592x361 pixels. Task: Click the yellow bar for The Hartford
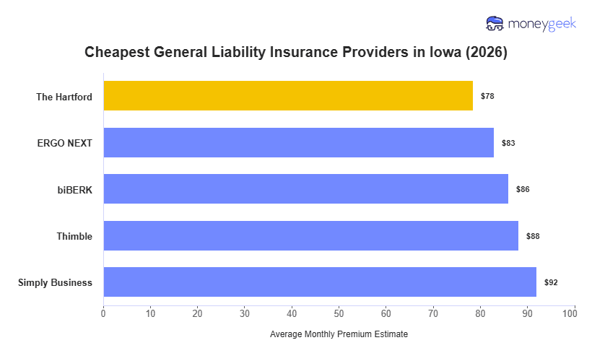(288, 95)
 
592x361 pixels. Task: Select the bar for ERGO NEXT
(298, 142)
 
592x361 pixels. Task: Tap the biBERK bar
(305, 189)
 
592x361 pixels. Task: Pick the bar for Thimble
(310, 235)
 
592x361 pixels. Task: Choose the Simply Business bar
(320, 282)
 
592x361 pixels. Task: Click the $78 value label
(487, 96)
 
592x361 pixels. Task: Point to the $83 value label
(508, 143)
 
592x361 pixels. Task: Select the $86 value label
(523, 189)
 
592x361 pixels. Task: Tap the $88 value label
(533, 236)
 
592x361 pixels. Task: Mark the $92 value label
(551, 282)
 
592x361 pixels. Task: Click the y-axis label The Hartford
(64, 96)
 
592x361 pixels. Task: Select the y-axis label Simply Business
(55, 282)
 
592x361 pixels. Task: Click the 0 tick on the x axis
(103, 313)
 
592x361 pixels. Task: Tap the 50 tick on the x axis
(339, 313)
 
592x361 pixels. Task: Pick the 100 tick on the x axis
(574, 313)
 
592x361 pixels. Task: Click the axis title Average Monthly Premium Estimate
(339, 335)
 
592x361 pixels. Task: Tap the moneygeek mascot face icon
(495, 24)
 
